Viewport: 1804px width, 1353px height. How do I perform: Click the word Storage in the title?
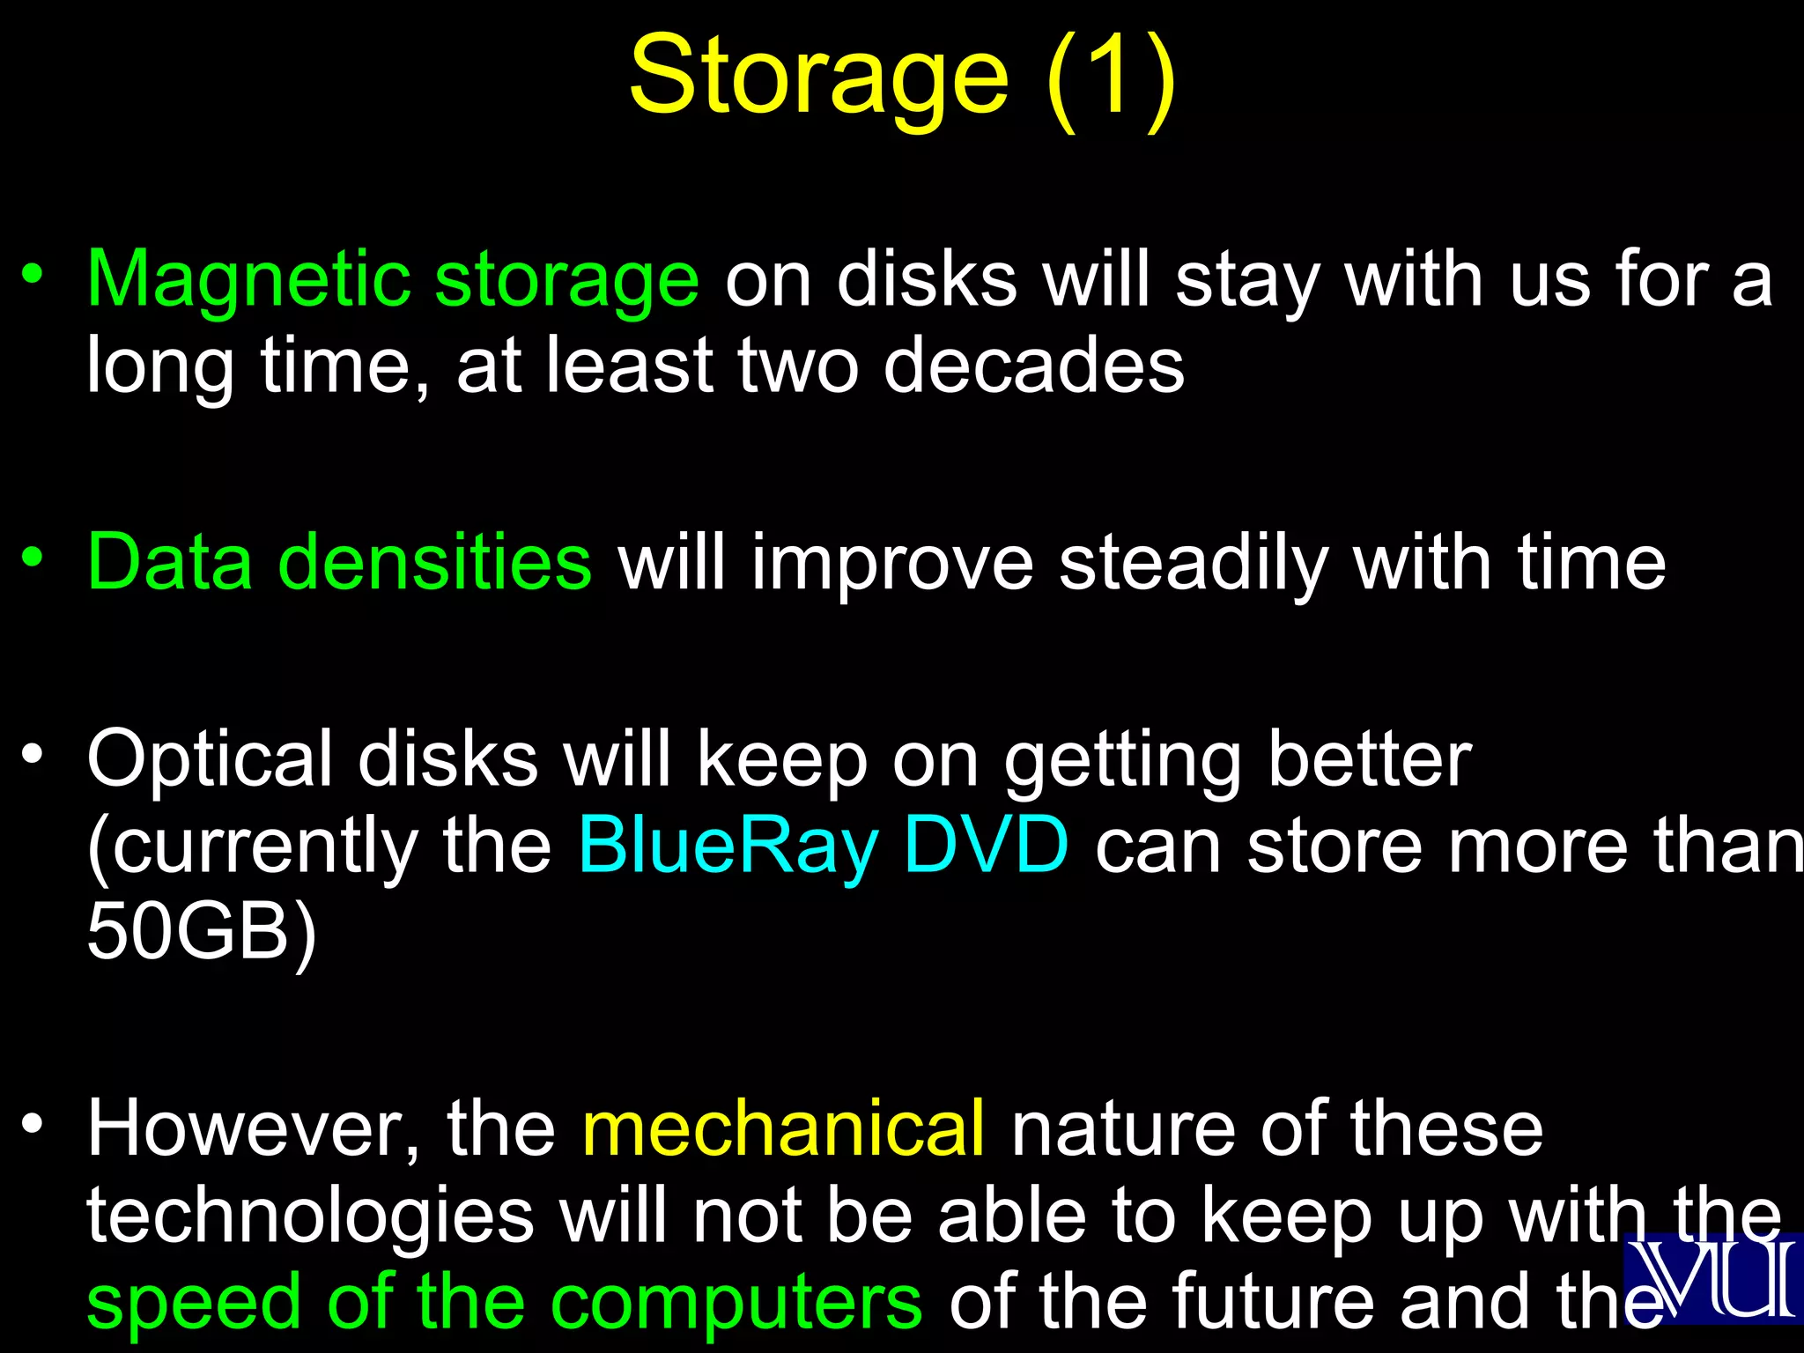818,78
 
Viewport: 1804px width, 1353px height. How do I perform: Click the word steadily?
1193,564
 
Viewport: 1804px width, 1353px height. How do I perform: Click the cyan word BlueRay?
728,846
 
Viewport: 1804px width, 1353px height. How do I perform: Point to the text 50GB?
189,931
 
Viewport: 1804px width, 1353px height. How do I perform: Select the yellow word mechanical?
783,1129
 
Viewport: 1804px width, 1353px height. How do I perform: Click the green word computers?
736,1302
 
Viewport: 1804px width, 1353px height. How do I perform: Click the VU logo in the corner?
1713,1277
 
